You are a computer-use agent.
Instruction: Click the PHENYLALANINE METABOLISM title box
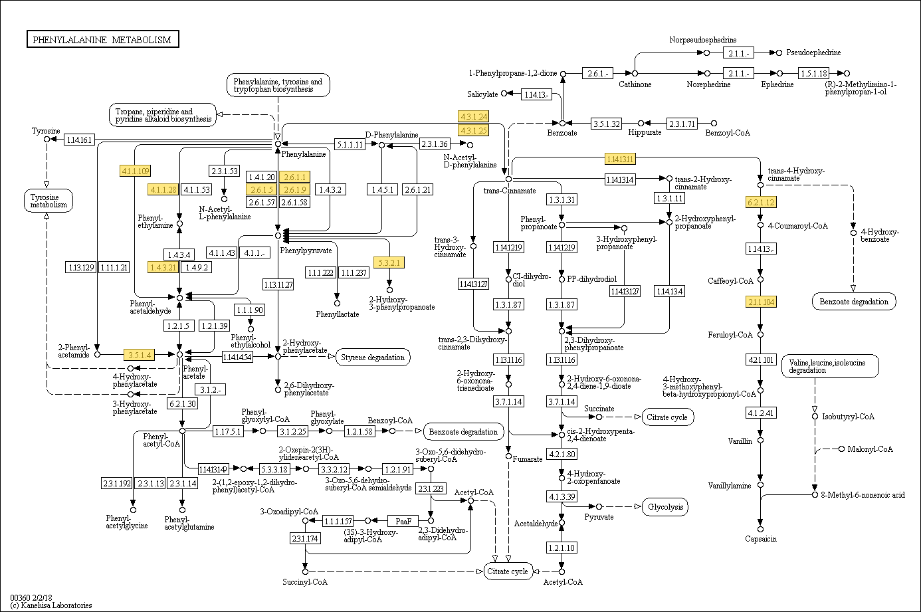(102, 40)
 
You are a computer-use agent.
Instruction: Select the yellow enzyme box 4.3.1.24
(473, 117)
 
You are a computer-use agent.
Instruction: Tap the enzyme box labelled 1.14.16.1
(80, 140)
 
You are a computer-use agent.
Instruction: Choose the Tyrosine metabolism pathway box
(49, 201)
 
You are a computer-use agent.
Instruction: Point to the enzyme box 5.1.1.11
(350, 144)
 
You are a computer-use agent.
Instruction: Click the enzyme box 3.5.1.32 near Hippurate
(607, 124)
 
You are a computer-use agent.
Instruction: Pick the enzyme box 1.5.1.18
(814, 73)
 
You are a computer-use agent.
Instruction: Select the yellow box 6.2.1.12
(761, 202)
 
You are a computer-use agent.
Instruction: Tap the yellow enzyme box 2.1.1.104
(761, 302)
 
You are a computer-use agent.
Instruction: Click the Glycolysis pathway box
(665, 507)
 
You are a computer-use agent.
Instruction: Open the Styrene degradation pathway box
(373, 357)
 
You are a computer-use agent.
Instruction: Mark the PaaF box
(403, 521)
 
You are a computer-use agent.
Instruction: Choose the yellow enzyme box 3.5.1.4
(140, 355)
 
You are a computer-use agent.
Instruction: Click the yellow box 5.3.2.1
(389, 262)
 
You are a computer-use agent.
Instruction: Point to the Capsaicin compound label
(761, 539)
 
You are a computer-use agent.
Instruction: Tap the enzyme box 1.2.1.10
(562, 548)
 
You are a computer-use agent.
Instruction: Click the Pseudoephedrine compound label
(813, 52)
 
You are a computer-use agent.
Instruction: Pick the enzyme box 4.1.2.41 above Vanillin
(761, 413)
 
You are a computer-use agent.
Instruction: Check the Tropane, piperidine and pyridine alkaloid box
(163, 116)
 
